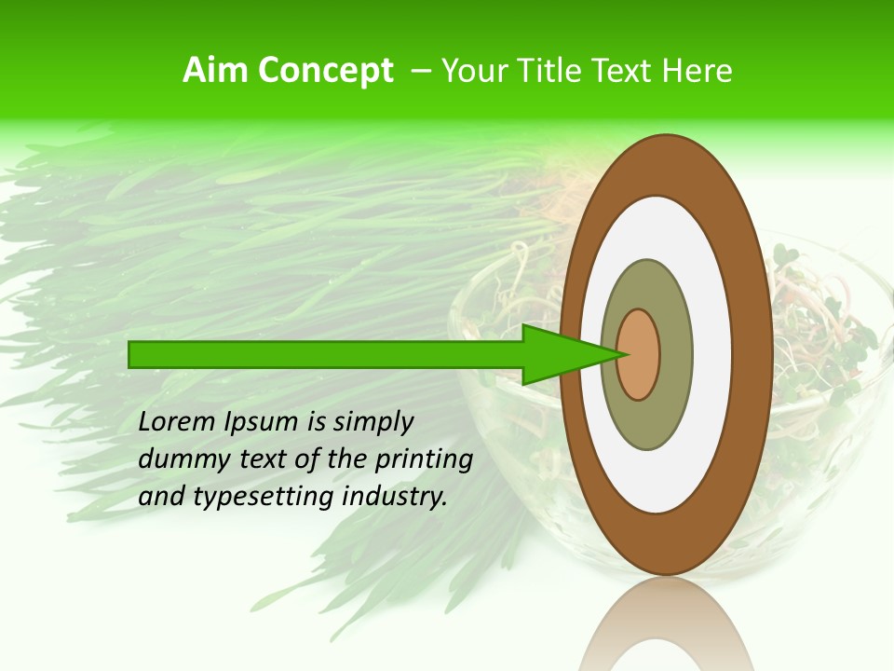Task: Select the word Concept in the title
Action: (325, 72)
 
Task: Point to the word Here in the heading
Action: (698, 71)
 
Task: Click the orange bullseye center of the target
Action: (639, 354)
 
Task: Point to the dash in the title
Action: (420, 72)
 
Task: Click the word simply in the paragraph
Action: (372, 423)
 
